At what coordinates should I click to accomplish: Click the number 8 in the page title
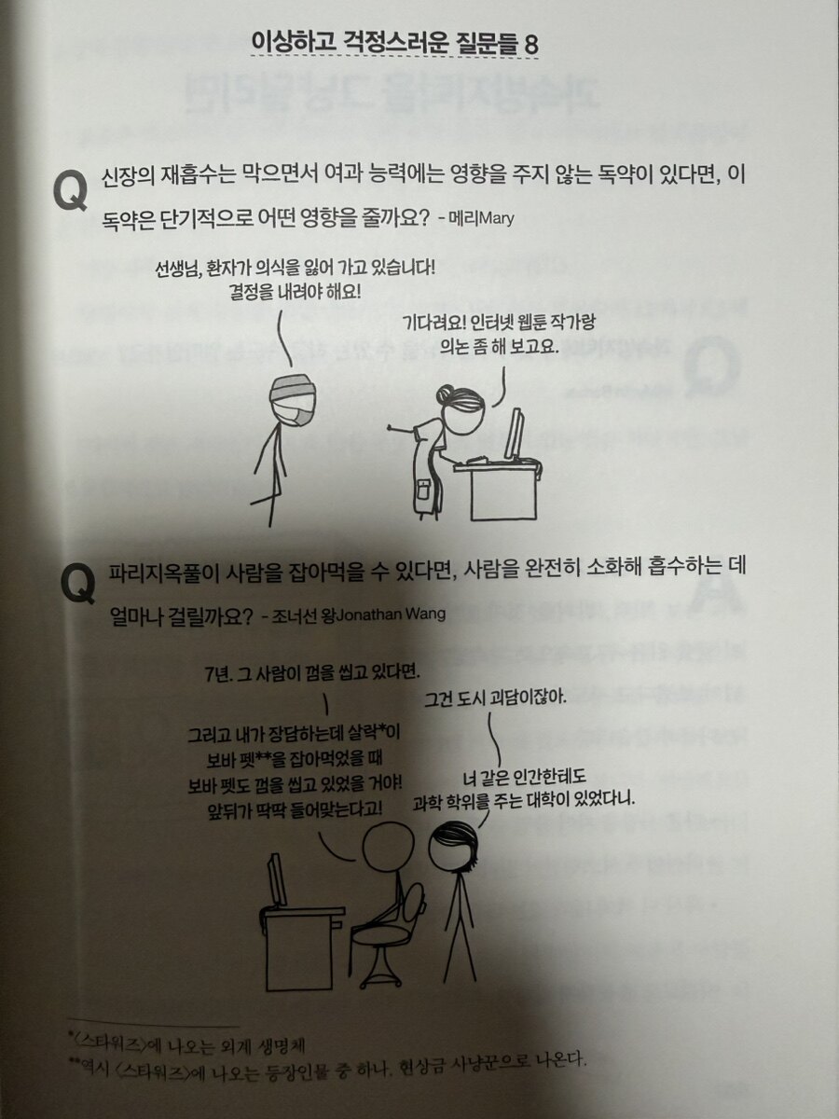(530, 46)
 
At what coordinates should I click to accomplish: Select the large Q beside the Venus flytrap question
(78, 586)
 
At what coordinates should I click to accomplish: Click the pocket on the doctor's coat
(423, 492)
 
